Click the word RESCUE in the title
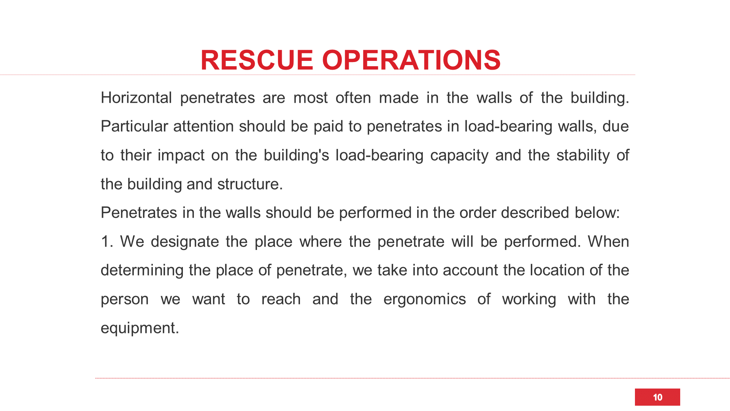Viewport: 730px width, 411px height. (257, 60)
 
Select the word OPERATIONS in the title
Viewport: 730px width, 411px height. (411, 60)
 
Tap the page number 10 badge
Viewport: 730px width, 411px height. (657, 397)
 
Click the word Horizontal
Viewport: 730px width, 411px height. (136, 98)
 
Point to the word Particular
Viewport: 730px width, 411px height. (134, 126)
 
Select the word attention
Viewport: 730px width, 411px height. (203, 126)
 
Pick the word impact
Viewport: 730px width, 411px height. (181, 156)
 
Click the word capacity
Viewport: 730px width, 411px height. (459, 156)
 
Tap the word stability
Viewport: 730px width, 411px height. (583, 155)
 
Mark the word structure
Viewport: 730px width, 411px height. (249, 184)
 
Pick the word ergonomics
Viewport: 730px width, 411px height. (424, 299)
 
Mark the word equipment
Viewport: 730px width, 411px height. (139, 328)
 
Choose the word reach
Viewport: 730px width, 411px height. (281, 299)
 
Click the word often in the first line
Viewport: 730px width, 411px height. (353, 98)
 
